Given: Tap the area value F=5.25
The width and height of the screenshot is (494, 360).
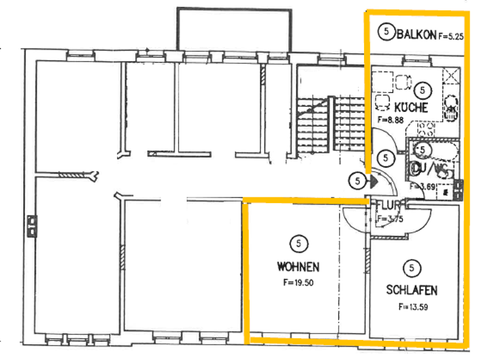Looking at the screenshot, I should (x=451, y=36).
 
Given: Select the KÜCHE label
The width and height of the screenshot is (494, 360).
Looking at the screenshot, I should (x=411, y=107).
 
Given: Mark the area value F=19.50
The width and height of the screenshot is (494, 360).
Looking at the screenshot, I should (x=298, y=282).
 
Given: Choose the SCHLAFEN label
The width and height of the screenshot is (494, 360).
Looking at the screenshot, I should (x=412, y=290).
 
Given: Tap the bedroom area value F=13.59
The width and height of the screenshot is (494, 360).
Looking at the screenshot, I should (x=412, y=307).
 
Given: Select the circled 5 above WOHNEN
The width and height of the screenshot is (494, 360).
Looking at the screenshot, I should (x=298, y=243).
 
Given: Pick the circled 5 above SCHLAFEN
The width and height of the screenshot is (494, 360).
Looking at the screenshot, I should (x=411, y=267).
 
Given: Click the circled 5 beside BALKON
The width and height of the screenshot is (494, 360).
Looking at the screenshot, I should (x=386, y=32).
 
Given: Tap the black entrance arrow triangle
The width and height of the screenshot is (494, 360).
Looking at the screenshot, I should (x=373, y=181).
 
